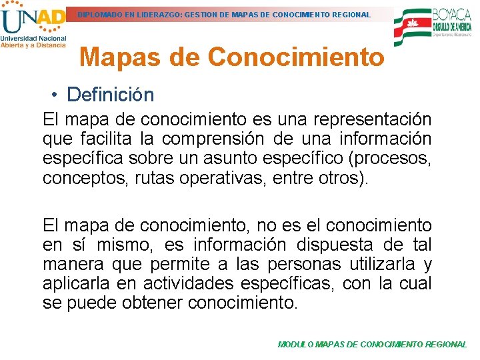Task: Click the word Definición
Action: [x=111, y=95]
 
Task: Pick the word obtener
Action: [x=152, y=303]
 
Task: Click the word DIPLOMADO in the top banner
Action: [x=100, y=14]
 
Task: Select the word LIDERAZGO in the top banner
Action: [x=155, y=14]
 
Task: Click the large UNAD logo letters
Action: [x=33, y=21]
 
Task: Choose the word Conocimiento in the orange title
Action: [x=296, y=57]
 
